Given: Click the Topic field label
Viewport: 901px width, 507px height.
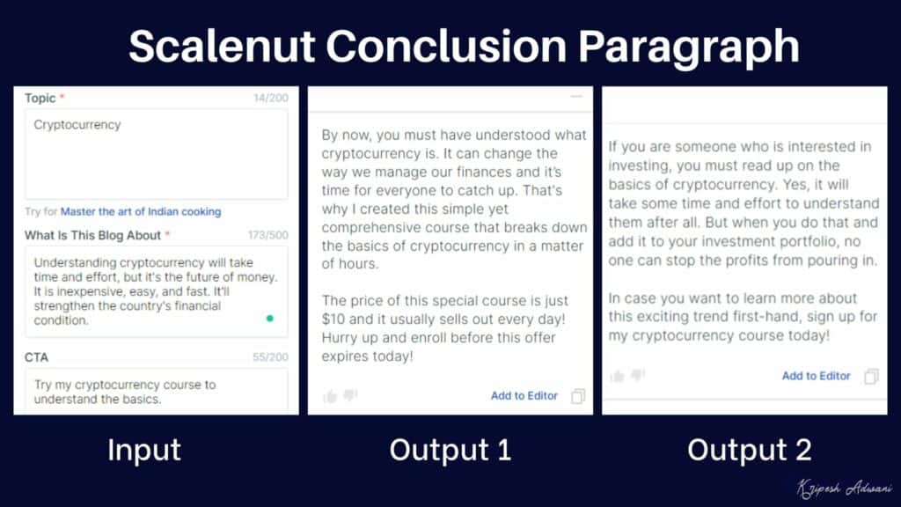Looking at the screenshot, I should (x=40, y=98).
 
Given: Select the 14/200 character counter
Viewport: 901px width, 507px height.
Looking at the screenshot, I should (x=270, y=98).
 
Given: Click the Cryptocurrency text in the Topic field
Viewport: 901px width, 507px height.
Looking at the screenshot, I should (x=77, y=125).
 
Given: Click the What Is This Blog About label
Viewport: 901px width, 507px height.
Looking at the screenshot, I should (x=92, y=235).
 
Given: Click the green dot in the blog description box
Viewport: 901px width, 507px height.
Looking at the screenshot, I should (x=269, y=319).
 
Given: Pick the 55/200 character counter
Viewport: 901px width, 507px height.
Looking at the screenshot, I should (x=270, y=357).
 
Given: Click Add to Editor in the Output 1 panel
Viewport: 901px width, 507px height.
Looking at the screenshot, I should (x=524, y=396).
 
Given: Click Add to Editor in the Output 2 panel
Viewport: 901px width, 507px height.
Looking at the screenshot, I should (x=817, y=376).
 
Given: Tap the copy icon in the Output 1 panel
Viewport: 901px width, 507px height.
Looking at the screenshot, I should (x=578, y=396).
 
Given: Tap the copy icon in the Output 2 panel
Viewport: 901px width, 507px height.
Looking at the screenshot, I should (x=871, y=376).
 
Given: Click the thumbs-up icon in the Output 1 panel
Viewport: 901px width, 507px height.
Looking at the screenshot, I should (x=330, y=396).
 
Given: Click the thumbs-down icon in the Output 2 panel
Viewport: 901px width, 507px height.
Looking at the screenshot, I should (x=638, y=376).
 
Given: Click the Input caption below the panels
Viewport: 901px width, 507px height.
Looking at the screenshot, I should (x=144, y=450).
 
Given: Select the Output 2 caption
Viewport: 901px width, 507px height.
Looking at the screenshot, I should (x=749, y=450).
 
